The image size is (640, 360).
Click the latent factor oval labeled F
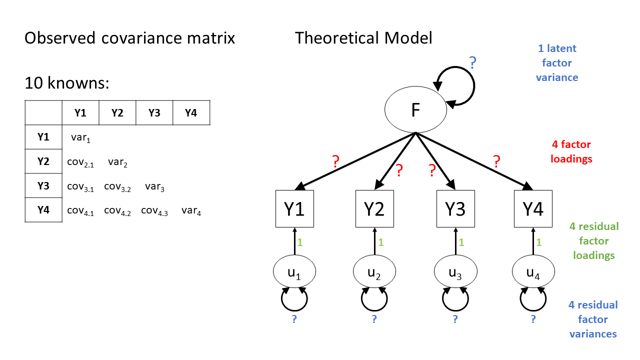point(415,110)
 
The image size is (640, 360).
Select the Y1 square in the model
point(294,209)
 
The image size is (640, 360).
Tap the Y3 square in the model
point(454,209)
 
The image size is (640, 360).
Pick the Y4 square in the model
point(533,209)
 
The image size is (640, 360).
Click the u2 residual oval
point(374,272)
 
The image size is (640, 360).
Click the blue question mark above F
point(472,63)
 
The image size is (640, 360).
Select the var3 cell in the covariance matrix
point(154,187)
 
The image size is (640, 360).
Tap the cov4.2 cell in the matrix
point(117,211)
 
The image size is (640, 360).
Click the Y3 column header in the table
point(154,113)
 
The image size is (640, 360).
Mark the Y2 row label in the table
point(43,161)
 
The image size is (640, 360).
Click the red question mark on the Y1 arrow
point(336,161)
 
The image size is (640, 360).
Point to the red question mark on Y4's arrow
point(496,161)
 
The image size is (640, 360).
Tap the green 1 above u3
point(461,242)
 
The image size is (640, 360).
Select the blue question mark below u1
point(294,319)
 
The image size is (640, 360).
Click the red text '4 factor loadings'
point(570,152)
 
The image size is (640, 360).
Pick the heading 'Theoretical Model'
point(363,38)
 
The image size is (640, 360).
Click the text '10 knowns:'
point(67,83)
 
